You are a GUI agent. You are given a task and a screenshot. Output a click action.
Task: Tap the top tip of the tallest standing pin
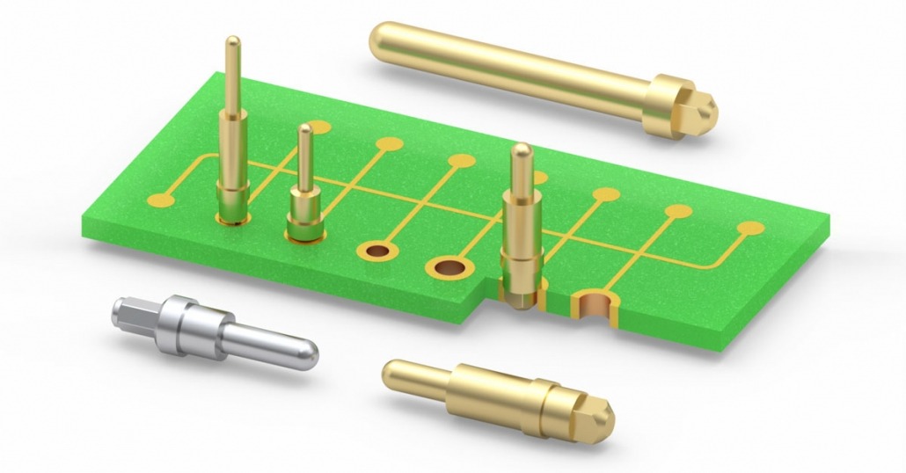(232, 41)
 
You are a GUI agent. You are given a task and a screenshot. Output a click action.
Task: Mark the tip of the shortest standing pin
(304, 130)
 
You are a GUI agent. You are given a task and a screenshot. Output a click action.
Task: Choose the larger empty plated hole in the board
(449, 266)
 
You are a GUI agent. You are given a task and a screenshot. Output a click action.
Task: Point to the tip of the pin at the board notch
(520, 150)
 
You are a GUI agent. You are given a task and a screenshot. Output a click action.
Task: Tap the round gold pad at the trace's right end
(750, 229)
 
